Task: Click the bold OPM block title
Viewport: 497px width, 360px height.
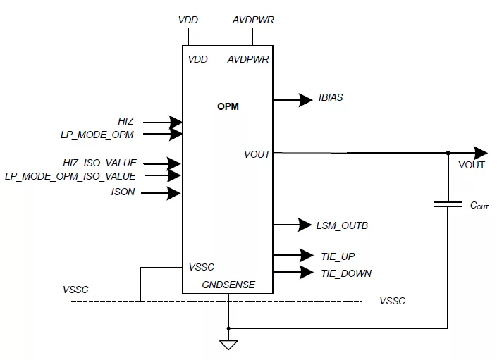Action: pos(228,106)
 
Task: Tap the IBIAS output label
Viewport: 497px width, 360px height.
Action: pos(331,97)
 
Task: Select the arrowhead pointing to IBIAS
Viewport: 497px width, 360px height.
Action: pos(305,100)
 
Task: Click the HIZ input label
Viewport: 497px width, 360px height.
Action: pos(125,121)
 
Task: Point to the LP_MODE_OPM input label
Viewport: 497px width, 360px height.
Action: pos(97,135)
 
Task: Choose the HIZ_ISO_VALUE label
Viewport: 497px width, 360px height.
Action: pos(99,163)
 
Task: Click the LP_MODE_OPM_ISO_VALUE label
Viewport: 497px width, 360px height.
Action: pos(70,176)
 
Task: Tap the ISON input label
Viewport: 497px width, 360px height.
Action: pos(123,192)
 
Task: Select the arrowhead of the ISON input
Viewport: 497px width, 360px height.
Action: pos(174,193)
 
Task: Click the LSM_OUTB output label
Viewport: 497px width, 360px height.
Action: pos(342,225)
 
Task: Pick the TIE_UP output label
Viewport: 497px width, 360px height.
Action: pos(338,256)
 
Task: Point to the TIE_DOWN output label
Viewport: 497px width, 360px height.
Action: pos(346,273)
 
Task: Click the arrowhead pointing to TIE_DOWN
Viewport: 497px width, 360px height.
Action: pos(307,272)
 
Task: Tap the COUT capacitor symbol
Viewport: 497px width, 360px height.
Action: pos(448,204)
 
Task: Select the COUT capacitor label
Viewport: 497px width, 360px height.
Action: pos(479,206)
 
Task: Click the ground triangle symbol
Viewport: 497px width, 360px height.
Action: pos(228,345)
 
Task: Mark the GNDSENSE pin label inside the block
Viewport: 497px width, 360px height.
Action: pos(228,285)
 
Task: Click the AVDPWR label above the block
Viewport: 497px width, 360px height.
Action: pos(253,20)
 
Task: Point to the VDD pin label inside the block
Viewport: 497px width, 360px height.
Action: pos(198,59)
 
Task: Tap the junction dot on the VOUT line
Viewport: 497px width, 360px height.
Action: pos(448,153)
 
